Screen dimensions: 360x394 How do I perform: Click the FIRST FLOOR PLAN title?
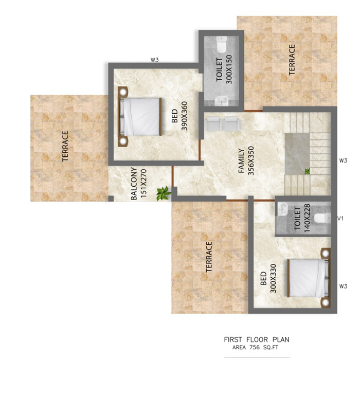point(257,339)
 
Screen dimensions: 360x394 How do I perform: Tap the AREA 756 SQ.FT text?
point(255,348)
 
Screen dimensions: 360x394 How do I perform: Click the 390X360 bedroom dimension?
point(184,116)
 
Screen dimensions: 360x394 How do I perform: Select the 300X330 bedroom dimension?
point(273,278)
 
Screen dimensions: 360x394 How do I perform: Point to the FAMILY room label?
point(241,161)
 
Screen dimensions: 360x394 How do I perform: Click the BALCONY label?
point(134,184)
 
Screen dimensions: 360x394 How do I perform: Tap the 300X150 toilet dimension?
point(229,69)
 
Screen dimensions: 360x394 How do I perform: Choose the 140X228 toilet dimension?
point(307,218)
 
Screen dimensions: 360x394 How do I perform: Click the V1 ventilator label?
point(340,219)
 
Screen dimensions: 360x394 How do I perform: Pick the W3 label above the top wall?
point(154,60)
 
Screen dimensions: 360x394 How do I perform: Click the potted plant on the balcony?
point(164,193)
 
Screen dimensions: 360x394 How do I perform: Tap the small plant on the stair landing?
point(307,172)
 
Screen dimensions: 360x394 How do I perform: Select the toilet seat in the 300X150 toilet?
point(222,44)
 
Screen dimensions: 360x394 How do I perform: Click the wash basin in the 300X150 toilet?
point(221,101)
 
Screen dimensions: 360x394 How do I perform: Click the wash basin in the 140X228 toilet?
point(283,209)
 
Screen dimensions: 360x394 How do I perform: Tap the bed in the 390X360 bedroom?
point(140,117)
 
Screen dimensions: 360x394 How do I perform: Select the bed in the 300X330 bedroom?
point(309,278)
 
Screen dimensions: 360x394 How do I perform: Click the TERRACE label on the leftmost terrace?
point(65,146)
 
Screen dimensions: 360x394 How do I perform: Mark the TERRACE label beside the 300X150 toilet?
point(292,60)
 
